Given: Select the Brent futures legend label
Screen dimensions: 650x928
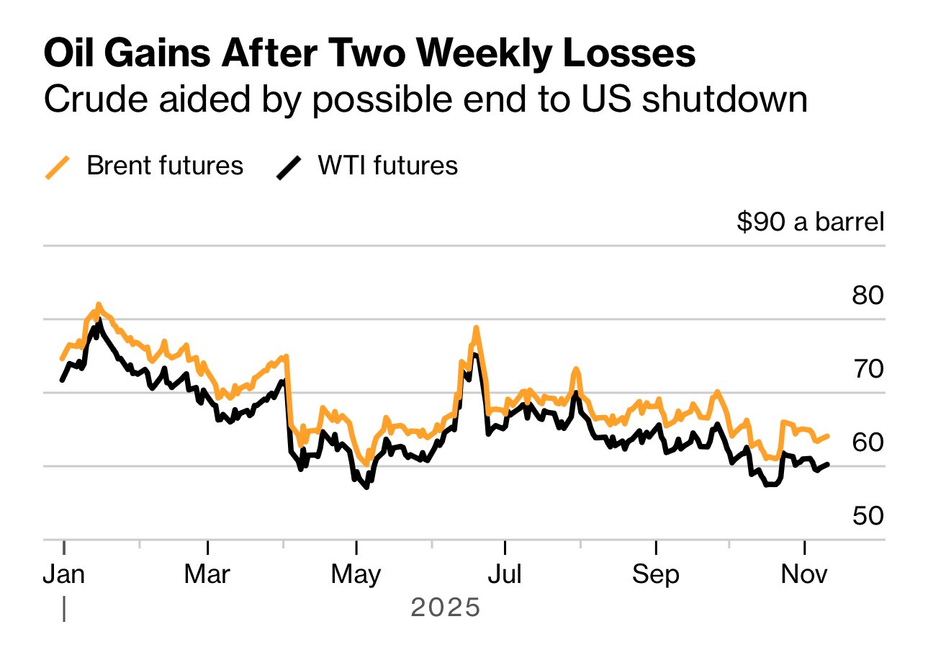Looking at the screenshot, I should tap(165, 166).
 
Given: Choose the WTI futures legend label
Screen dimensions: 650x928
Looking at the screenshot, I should tap(388, 166).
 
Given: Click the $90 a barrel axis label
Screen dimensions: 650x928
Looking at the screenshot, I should tap(810, 223).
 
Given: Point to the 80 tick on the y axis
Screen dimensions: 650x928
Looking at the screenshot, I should tap(868, 295).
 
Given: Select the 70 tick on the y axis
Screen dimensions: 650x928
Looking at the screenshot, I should tap(868, 369).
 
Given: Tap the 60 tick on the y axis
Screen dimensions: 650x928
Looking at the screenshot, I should tap(868, 442).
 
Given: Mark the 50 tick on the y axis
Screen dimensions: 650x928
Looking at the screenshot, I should tap(868, 515).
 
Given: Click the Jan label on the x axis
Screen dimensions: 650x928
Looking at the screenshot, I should tap(64, 574).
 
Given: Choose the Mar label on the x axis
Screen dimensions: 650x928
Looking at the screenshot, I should tap(207, 574).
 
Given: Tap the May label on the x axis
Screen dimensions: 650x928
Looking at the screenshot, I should tap(356, 574).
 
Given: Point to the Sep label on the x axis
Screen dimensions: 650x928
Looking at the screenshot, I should tap(655, 574).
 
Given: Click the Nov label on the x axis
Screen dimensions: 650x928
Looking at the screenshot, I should tap(804, 574).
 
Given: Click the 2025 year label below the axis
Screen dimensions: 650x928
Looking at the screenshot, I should tap(445, 608).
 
